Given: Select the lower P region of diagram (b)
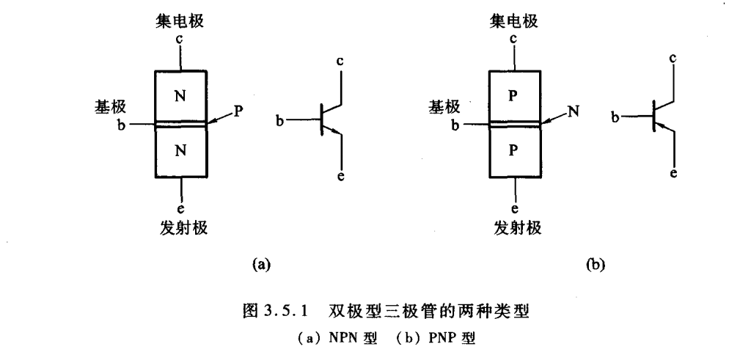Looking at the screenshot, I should coord(515,151).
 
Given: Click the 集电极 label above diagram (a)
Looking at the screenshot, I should coord(181,23).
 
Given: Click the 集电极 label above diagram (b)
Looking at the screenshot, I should coord(515,23).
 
